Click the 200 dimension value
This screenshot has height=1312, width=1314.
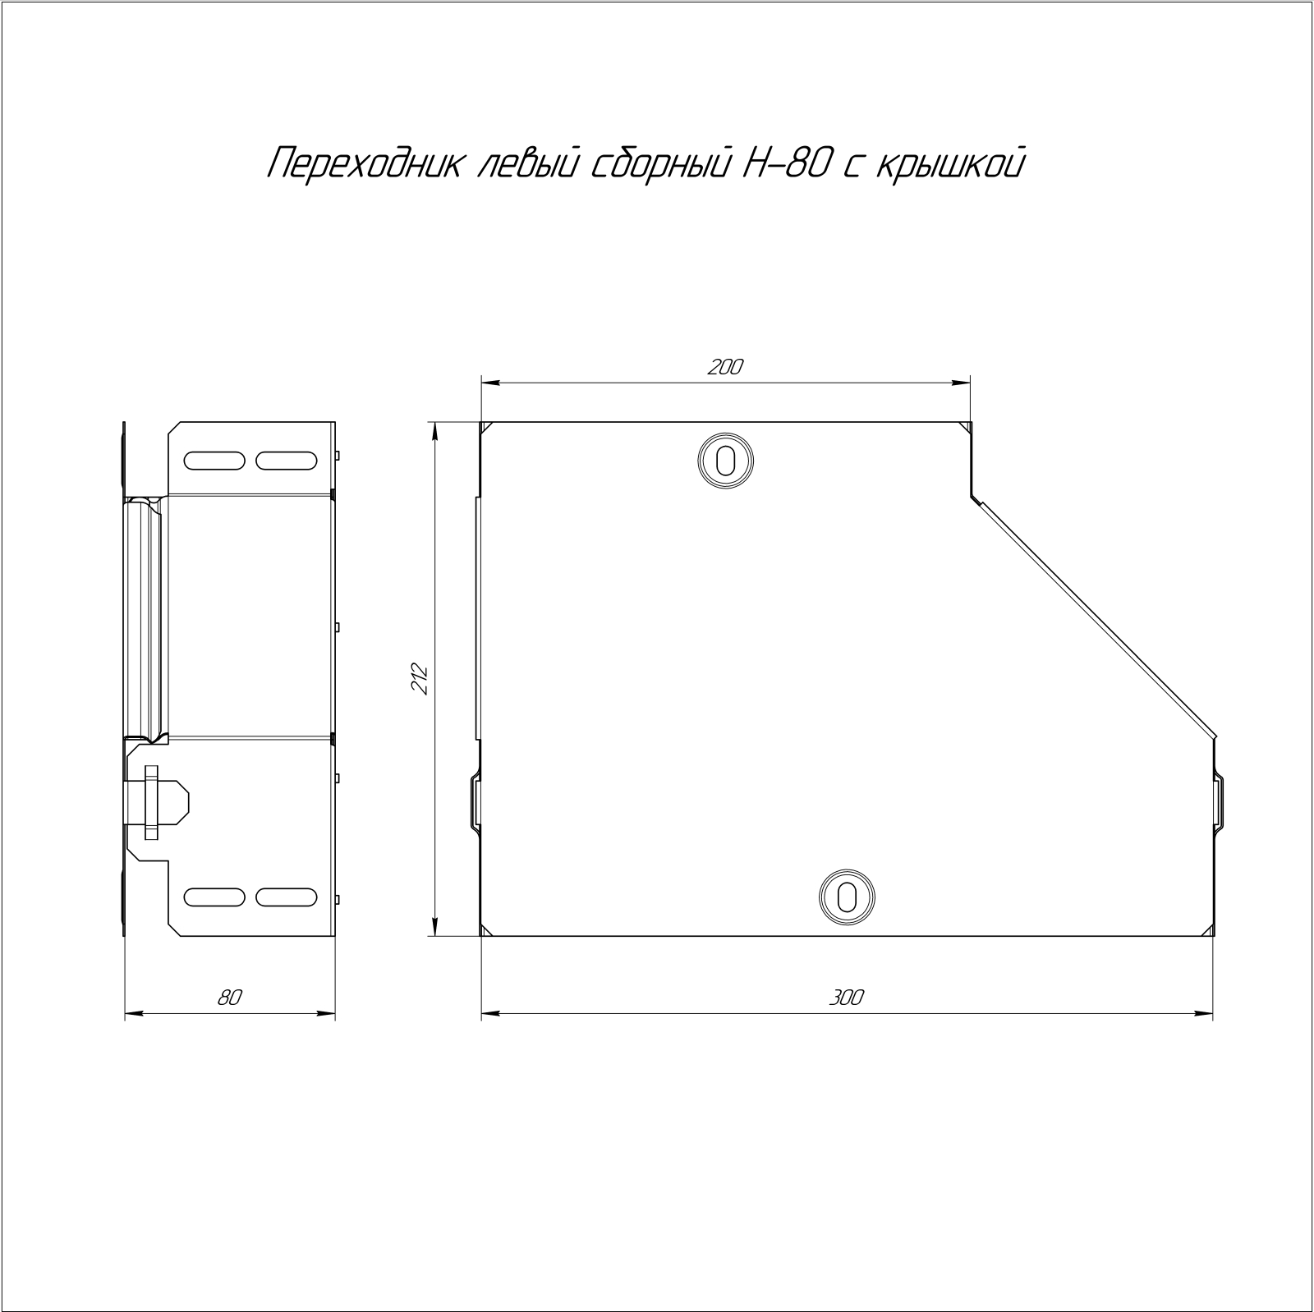click(x=725, y=368)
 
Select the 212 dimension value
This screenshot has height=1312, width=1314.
click(x=420, y=679)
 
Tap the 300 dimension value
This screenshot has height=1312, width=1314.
click(x=847, y=998)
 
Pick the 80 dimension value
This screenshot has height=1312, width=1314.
click(x=230, y=998)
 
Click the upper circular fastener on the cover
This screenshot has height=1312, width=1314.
click(x=726, y=459)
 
